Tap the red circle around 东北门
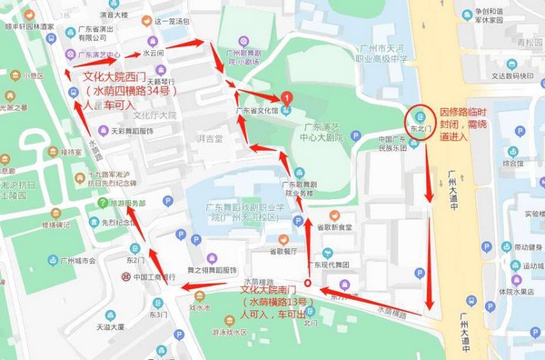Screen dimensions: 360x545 click(x=419, y=121)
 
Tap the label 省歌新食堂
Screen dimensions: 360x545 click(x=332, y=226)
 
